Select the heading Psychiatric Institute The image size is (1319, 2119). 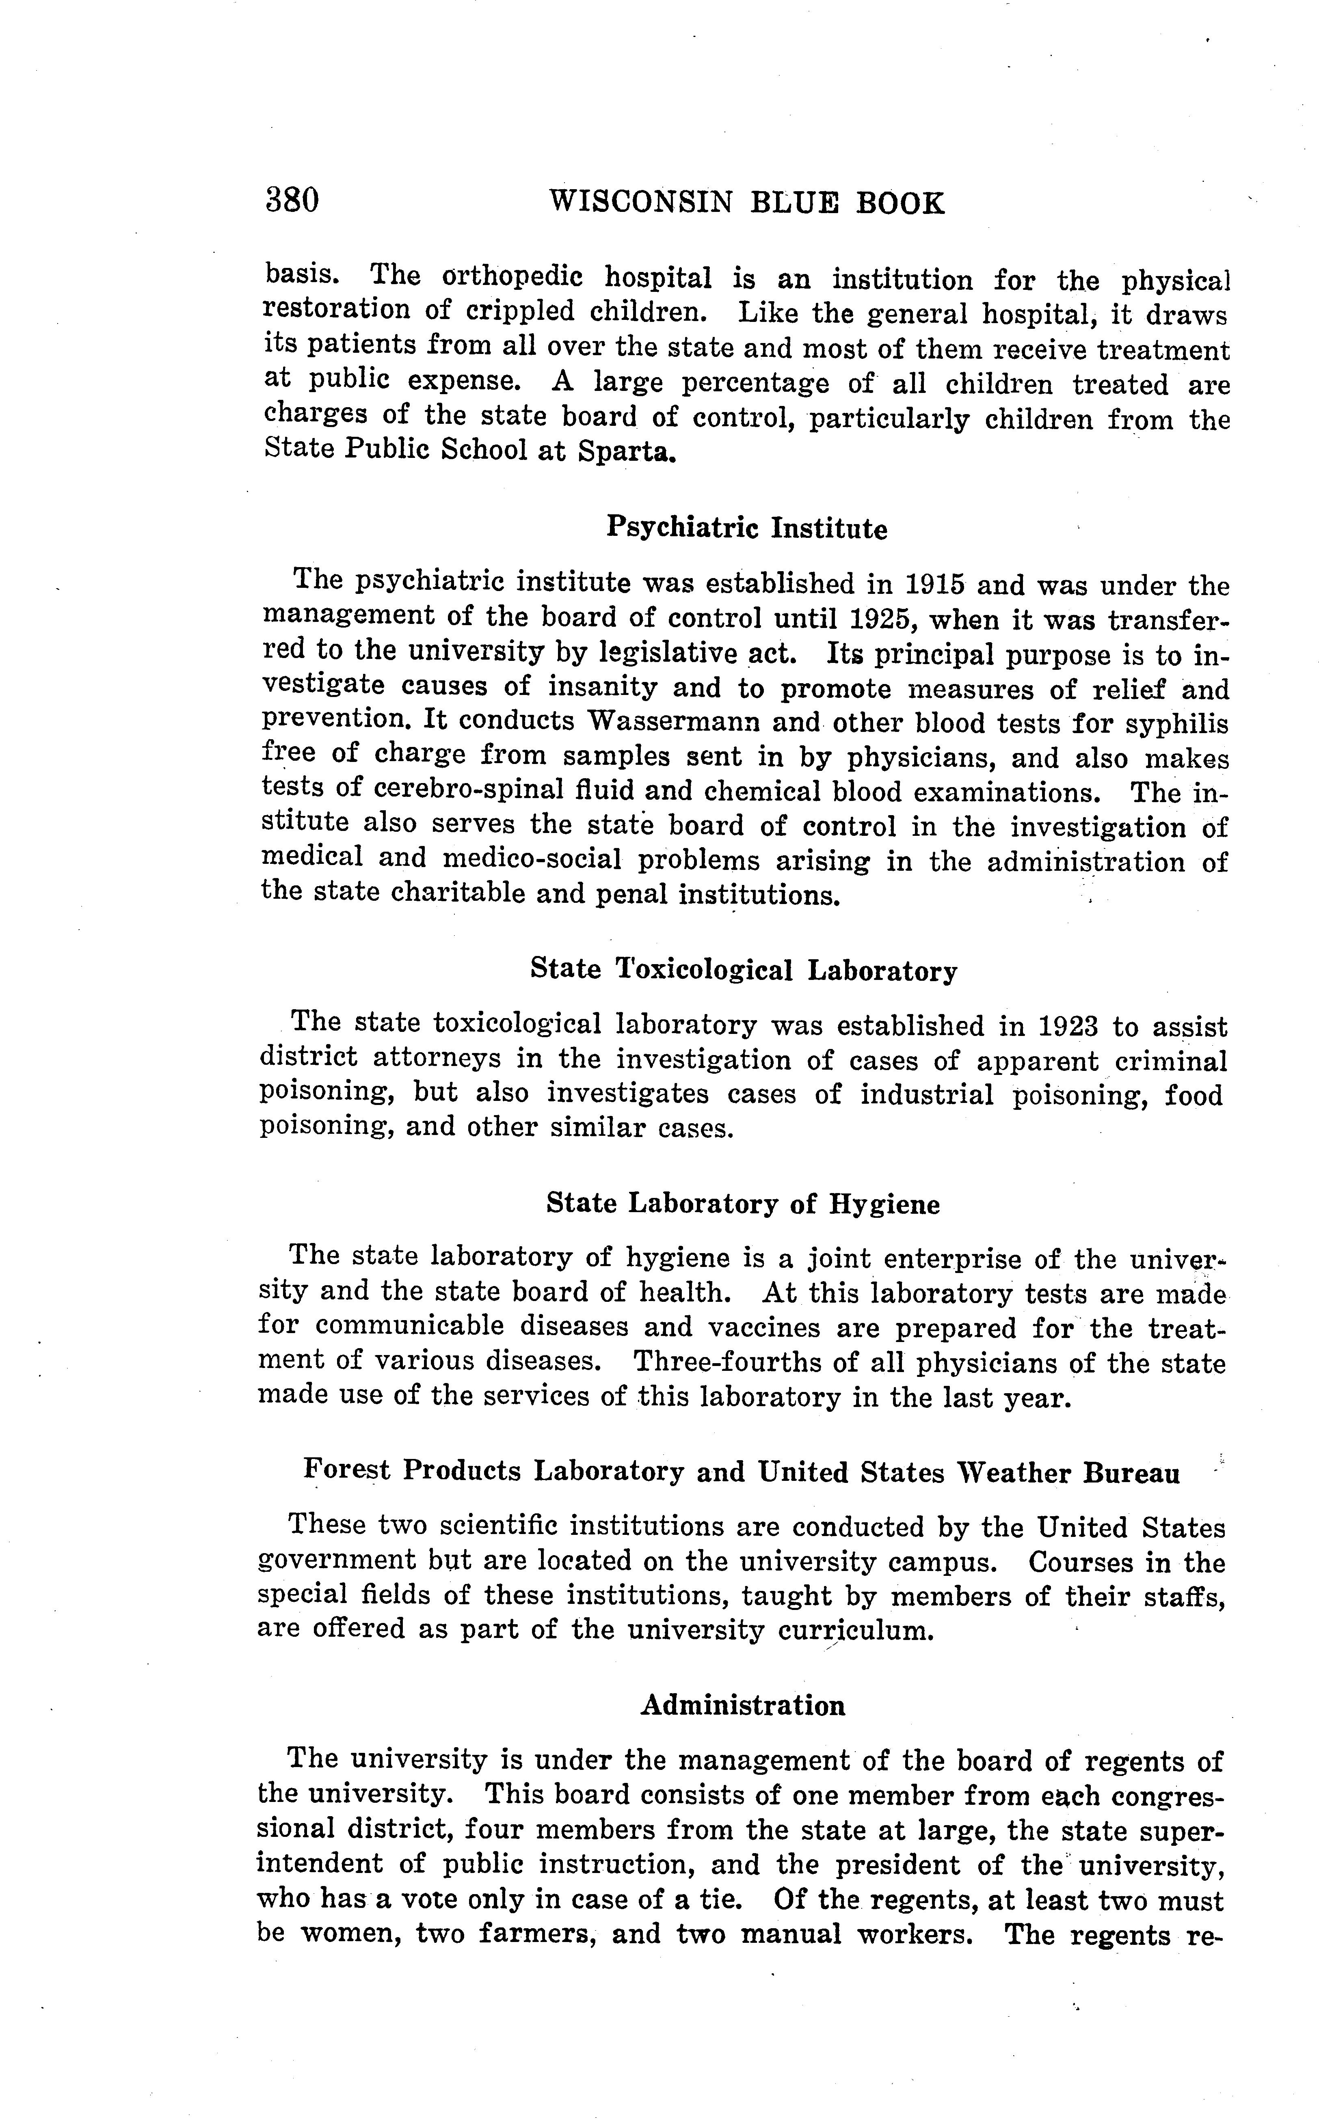747,529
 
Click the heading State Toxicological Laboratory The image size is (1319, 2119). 743,971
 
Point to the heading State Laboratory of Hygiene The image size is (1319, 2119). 743,1204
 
